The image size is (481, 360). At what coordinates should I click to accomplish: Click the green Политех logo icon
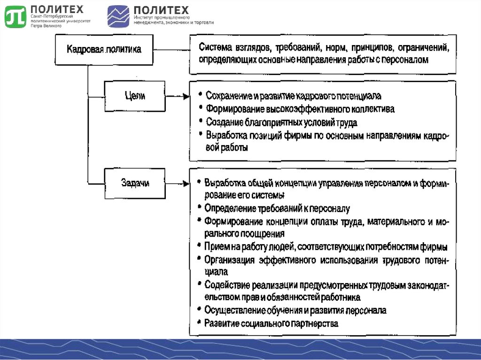point(16,16)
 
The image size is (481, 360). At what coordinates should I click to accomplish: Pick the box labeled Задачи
point(135,184)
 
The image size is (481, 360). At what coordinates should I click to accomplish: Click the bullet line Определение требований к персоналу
point(277,207)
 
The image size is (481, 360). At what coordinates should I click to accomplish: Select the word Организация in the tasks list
point(230,260)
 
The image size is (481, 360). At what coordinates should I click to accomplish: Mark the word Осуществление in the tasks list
point(233,310)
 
